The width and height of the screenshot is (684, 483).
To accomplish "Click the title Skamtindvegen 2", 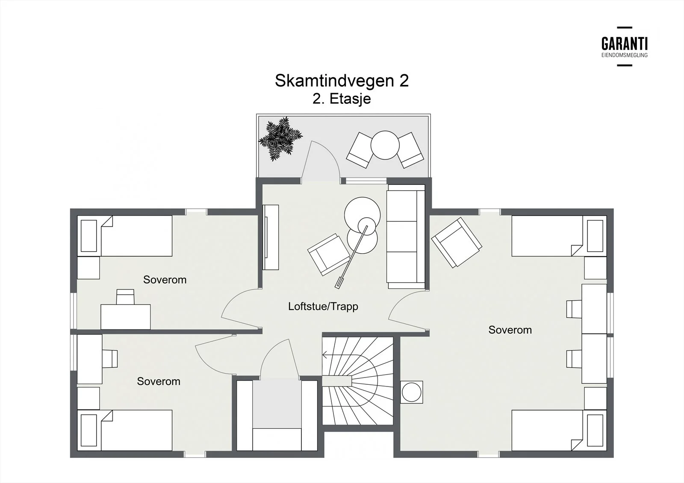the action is pyautogui.click(x=342, y=81).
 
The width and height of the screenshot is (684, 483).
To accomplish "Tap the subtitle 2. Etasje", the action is pyautogui.click(x=342, y=99).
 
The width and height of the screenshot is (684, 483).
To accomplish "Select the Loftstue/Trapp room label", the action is pyautogui.click(x=323, y=306).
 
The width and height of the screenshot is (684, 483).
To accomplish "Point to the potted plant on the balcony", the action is pyautogui.click(x=280, y=139).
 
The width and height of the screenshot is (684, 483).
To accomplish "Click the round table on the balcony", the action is pyautogui.click(x=385, y=145).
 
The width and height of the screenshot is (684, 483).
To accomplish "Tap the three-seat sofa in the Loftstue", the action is pyautogui.click(x=406, y=237).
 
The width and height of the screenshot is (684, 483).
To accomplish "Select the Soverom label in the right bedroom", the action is pyautogui.click(x=510, y=330).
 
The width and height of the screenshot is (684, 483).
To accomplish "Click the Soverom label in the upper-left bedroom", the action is pyautogui.click(x=165, y=280).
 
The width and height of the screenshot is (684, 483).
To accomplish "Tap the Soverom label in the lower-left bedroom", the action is pyautogui.click(x=159, y=381).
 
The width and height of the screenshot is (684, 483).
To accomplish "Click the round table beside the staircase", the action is pyautogui.click(x=411, y=392).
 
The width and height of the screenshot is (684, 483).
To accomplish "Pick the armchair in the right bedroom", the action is pyautogui.click(x=457, y=243).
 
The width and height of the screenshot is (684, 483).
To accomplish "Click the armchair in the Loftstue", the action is pyautogui.click(x=329, y=255).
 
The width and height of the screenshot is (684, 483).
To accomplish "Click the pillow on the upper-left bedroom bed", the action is pyautogui.click(x=89, y=236).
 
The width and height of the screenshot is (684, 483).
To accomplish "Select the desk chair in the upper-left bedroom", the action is pyautogui.click(x=125, y=296).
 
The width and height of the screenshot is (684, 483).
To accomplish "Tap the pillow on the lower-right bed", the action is pyautogui.click(x=595, y=430).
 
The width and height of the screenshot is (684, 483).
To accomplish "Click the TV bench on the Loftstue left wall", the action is pyautogui.click(x=271, y=237).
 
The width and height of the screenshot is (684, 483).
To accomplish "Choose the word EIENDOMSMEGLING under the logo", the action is pyautogui.click(x=625, y=55).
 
